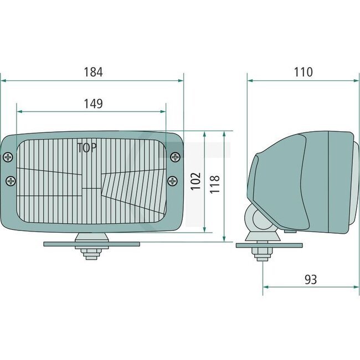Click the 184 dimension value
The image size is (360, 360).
[93, 72]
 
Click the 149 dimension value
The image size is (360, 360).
[93, 104]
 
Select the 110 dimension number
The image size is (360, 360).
[303, 72]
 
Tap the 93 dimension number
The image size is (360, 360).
[311, 280]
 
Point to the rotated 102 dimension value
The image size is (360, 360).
[196, 182]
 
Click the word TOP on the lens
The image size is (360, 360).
[86, 148]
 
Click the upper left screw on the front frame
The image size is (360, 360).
[8, 157]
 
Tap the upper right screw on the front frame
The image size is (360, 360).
[175, 156]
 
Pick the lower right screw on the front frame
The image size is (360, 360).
[172, 180]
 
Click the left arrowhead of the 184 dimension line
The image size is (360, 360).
[3, 80]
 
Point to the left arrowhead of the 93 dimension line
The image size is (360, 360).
[265, 287]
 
